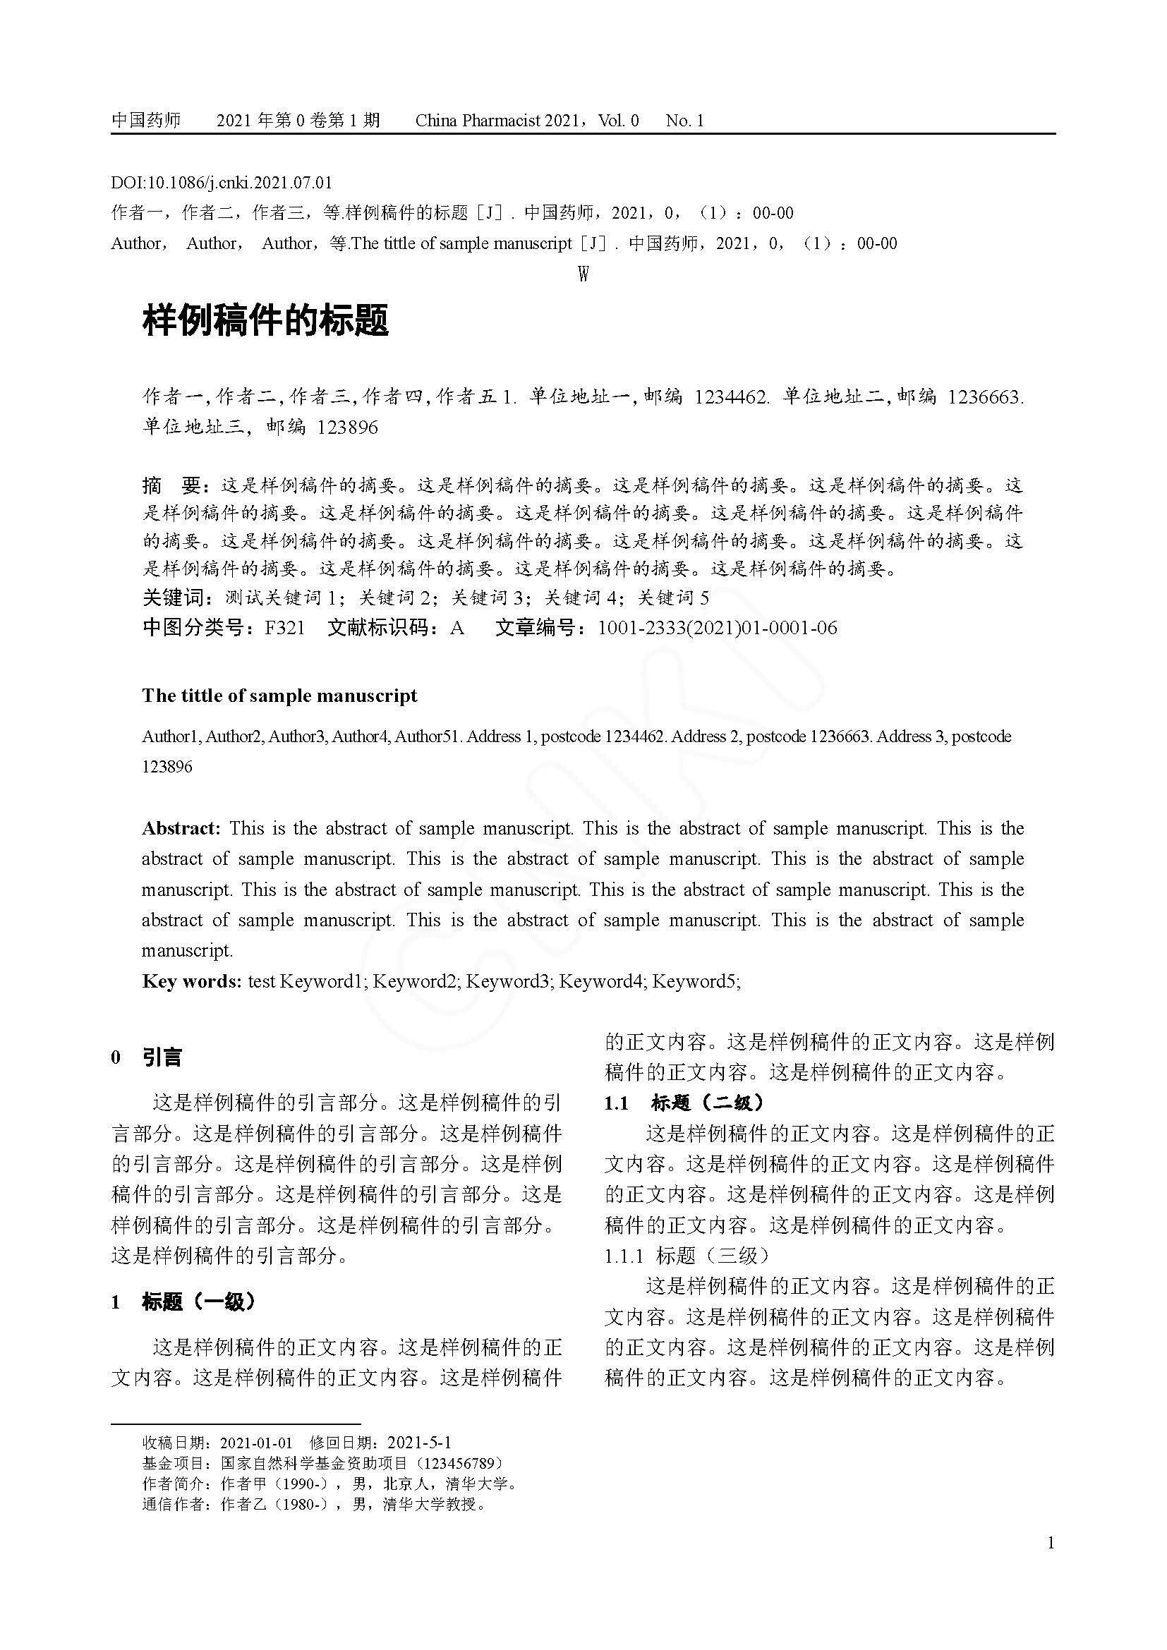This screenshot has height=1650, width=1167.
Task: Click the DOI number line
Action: tap(222, 183)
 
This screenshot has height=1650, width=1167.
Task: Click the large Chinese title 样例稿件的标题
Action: tap(266, 320)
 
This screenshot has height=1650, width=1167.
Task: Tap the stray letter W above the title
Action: tap(583, 274)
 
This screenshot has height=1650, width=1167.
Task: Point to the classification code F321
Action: tap(284, 628)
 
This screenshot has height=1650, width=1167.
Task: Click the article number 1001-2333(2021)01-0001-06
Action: tap(717, 628)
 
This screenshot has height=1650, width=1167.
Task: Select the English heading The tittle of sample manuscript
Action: tap(279, 696)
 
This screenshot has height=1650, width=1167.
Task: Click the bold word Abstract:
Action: tap(181, 829)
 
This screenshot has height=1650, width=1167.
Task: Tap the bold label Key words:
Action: tap(191, 981)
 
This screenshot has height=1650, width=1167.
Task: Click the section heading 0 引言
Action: tap(147, 1057)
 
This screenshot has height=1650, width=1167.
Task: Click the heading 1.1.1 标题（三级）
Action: tap(687, 1256)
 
